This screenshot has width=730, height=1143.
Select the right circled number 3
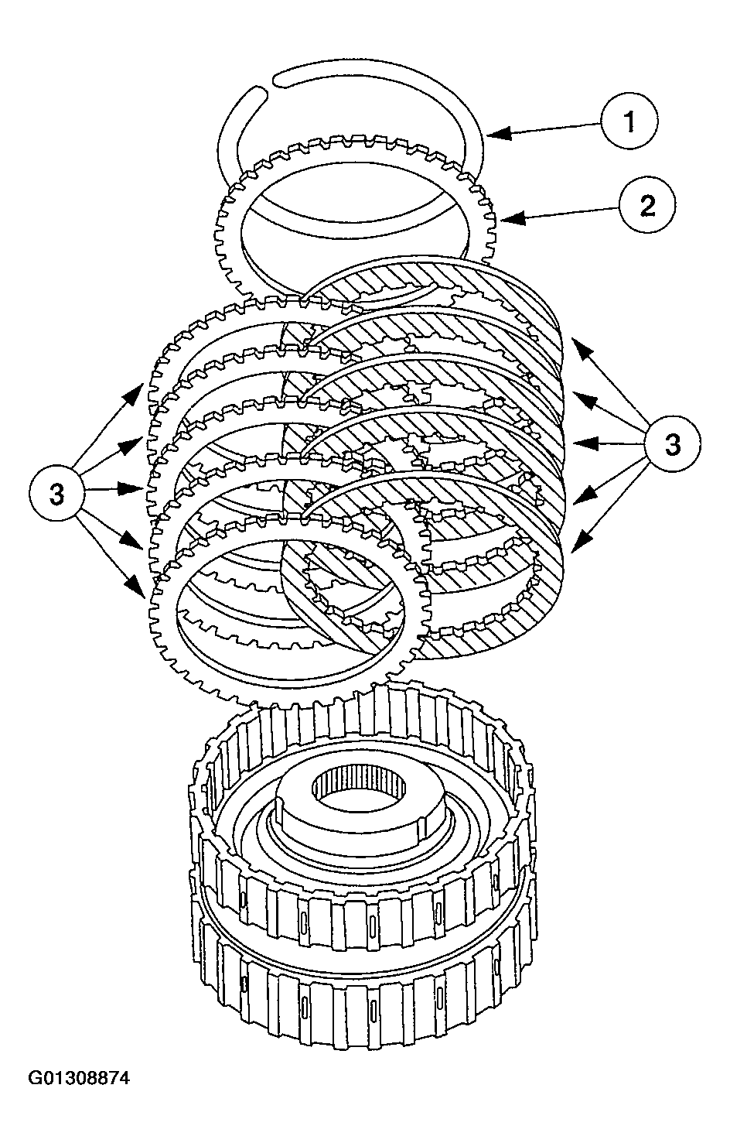coord(673,443)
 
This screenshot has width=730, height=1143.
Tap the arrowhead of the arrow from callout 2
coord(507,219)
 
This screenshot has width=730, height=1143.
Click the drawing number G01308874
coord(79,1077)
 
